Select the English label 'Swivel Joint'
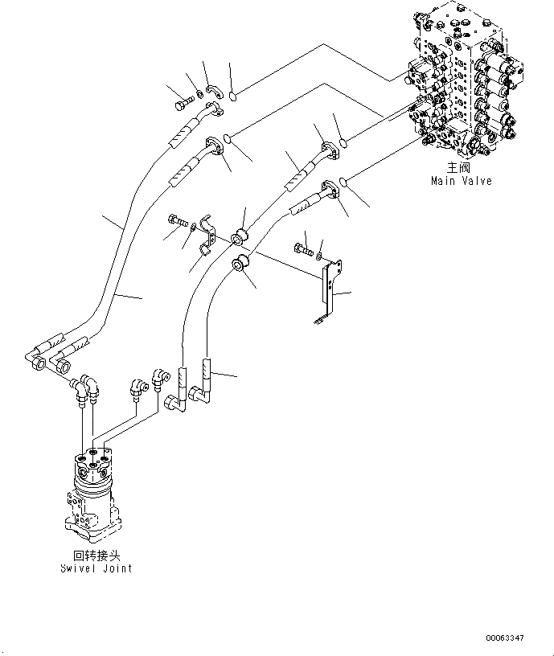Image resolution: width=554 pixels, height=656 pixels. click(96, 568)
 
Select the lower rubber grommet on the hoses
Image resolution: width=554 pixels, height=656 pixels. click(239, 264)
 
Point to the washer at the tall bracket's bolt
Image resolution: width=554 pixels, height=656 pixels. click(320, 255)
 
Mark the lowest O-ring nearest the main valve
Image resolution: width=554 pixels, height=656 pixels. click(345, 182)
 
